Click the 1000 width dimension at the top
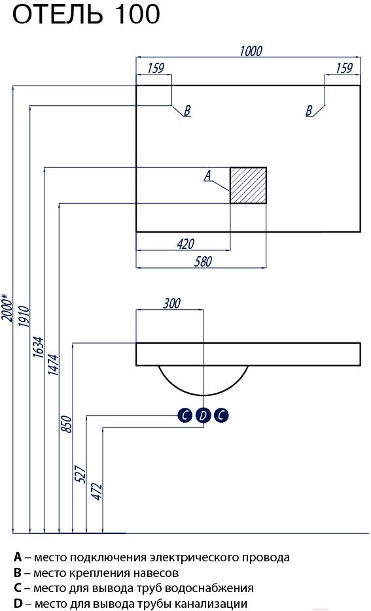tap(251, 51)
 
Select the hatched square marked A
tap(248, 185)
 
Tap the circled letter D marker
tap(203, 416)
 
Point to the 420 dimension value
tap(186, 244)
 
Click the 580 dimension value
tap(203, 261)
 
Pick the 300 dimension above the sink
tap(171, 303)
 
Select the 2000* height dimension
tap(7, 307)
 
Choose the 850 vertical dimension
tap(67, 425)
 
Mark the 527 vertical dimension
tap(80, 474)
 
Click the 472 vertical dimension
tap(97, 492)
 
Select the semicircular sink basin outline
tap(203, 395)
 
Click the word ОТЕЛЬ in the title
tap(58, 15)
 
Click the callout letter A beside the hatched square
tap(208, 176)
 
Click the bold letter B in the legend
tap(17, 573)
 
